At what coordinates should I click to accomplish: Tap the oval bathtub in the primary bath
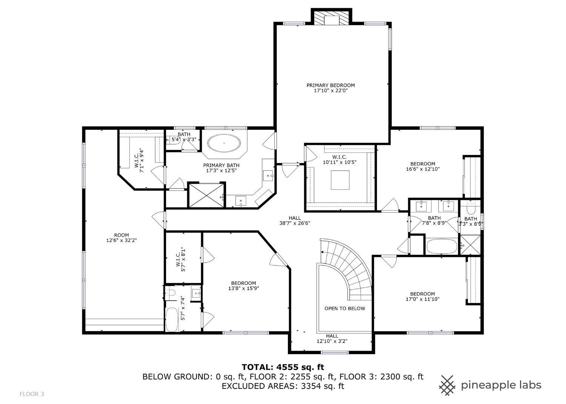tap(224, 143)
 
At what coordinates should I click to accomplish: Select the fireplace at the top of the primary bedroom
tap(331, 18)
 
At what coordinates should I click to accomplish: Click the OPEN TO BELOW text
tap(345, 308)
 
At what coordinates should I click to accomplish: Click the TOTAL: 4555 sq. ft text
tap(283, 367)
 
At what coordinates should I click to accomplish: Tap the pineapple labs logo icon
tap(447, 385)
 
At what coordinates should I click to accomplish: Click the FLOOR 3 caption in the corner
tap(32, 394)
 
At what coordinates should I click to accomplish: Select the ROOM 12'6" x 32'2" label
tap(121, 238)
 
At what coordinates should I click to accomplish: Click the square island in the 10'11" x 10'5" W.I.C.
tap(340, 180)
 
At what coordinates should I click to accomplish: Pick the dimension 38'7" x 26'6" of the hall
tap(295, 223)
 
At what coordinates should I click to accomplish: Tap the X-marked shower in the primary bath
tap(206, 196)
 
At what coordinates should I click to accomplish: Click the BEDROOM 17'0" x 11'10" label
tap(422, 296)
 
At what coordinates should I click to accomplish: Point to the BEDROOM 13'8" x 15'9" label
tap(243, 286)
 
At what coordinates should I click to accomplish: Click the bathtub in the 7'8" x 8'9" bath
tap(442, 247)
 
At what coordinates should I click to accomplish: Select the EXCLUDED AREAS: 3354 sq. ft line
tap(283, 386)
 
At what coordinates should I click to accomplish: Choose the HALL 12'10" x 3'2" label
tap(332, 339)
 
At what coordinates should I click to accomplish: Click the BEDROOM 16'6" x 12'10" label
tap(423, 166)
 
